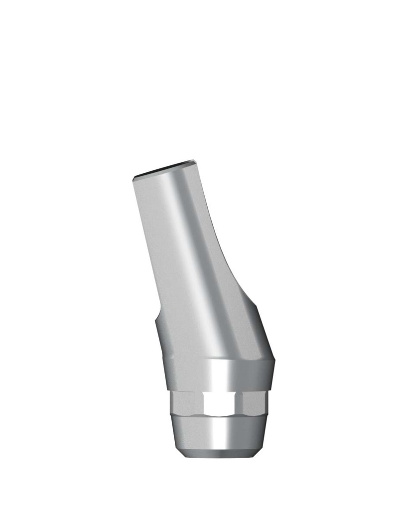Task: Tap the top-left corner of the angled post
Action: pyautogui.click(x=134, y=178)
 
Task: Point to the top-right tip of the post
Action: pyautogui.click(x=195, y=161)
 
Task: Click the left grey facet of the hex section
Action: pyautogui.click(x=187, y=403)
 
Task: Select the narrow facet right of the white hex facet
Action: pyautogui.click(x=239, y=403)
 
